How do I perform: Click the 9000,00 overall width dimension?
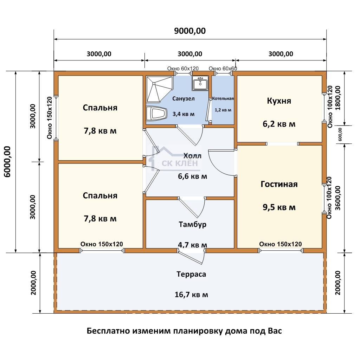click(190, 31)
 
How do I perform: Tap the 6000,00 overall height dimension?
click(7, 162)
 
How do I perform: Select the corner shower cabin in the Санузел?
click(159, 89)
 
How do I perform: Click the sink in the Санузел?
click(200, 83)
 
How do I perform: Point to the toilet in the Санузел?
click(156, 114)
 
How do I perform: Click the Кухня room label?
click(279, 101)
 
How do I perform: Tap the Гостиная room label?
click(279, 184)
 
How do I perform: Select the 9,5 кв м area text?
click(279, 207)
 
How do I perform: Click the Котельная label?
click(223, 98)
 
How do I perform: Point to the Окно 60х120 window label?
click(183, 69)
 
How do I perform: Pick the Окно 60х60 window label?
click(223, 69)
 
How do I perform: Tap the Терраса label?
click(191, 274)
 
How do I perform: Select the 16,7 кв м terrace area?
click(191, 295)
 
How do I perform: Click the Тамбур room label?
click(192, 224)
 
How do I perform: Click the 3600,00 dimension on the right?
click(338, 198)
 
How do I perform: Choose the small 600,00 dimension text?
click(340, 134)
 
